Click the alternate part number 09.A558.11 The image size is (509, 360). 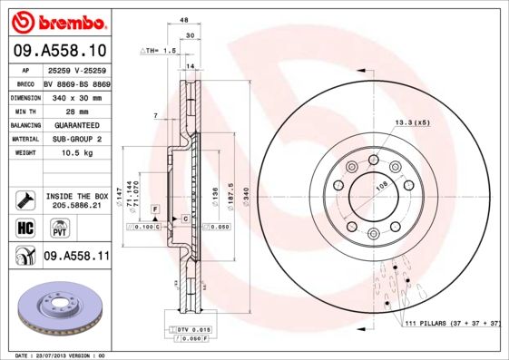click(x=76, y=257)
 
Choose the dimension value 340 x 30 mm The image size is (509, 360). click(x=76, y=96)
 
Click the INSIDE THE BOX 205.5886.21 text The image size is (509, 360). click(x=77, y=200)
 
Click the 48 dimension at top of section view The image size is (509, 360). click(x=184, y=20)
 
